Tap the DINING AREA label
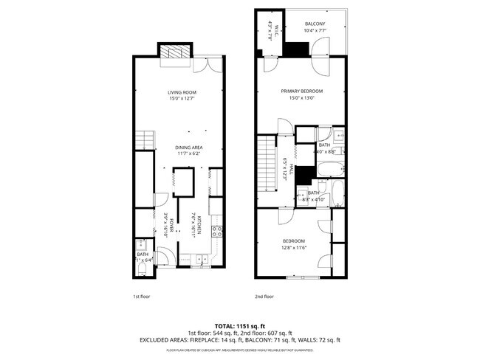pyautogui.click(x=188, y=148)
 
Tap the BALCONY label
pyautogui.click(x=315, y=24)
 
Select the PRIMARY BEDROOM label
pyautogui.click(x=302, y=91)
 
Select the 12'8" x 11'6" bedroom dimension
pyautogui.click(x=293, y=248)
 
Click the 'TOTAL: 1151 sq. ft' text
pyautogui.click(x=239, y=325)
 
